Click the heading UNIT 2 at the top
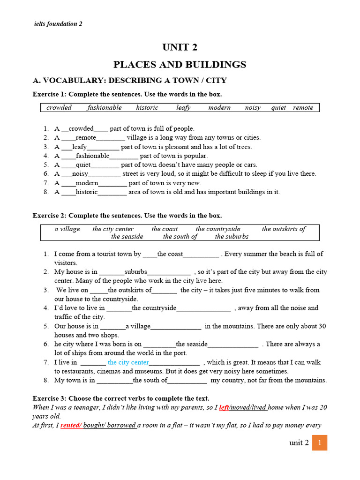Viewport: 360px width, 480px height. click(x=180, y=47)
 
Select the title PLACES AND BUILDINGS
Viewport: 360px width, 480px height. click(x=180, y=64)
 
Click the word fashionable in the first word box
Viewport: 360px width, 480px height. click(x=104, y=108)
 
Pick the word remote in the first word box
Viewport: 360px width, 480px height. click(x=303, y=108)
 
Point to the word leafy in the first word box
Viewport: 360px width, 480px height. click(x=183, y=108)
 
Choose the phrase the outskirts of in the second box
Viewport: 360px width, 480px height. click(x=283, y=229)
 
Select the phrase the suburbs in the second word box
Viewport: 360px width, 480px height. click(x=232, y=237)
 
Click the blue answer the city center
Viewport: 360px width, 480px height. click(x=128, y=362)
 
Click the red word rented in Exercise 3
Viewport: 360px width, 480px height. click(x=71, y=426)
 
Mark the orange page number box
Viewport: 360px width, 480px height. click(x=319, y=442)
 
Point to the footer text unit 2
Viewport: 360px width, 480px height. click(x=299, y=443)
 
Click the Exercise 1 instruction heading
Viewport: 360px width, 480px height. click(x=127, y=94)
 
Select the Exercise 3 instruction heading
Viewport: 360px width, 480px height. click(x=131, y=398)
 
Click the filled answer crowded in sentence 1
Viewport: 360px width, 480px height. click(x=81, y=128)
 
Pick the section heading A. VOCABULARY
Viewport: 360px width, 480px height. click(x=129, y=81)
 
